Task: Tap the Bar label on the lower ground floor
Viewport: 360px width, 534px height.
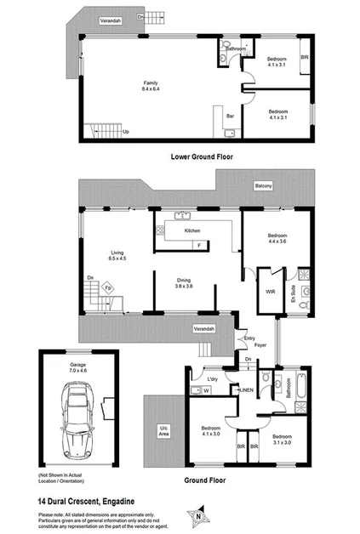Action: tap(229, 116)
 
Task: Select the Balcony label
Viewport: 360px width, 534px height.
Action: tap(263, 185)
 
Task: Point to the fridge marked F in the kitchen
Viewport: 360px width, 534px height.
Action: tap(200, 245)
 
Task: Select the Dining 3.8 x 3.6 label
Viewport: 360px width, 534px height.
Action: tap(185, 284)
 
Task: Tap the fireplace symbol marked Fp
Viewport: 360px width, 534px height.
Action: tap(108, 287)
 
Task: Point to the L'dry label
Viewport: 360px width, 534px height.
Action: tap(214, 378)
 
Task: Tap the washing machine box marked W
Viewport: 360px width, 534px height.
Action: tap(207, 391)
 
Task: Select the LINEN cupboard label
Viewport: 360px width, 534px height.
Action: tap(245, 390)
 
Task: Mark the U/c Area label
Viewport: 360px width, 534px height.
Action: tap(163, 429)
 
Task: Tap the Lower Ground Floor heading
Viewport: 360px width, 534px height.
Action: tap(203, 156)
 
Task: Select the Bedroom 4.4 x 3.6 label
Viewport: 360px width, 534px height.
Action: tap(277, 239)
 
